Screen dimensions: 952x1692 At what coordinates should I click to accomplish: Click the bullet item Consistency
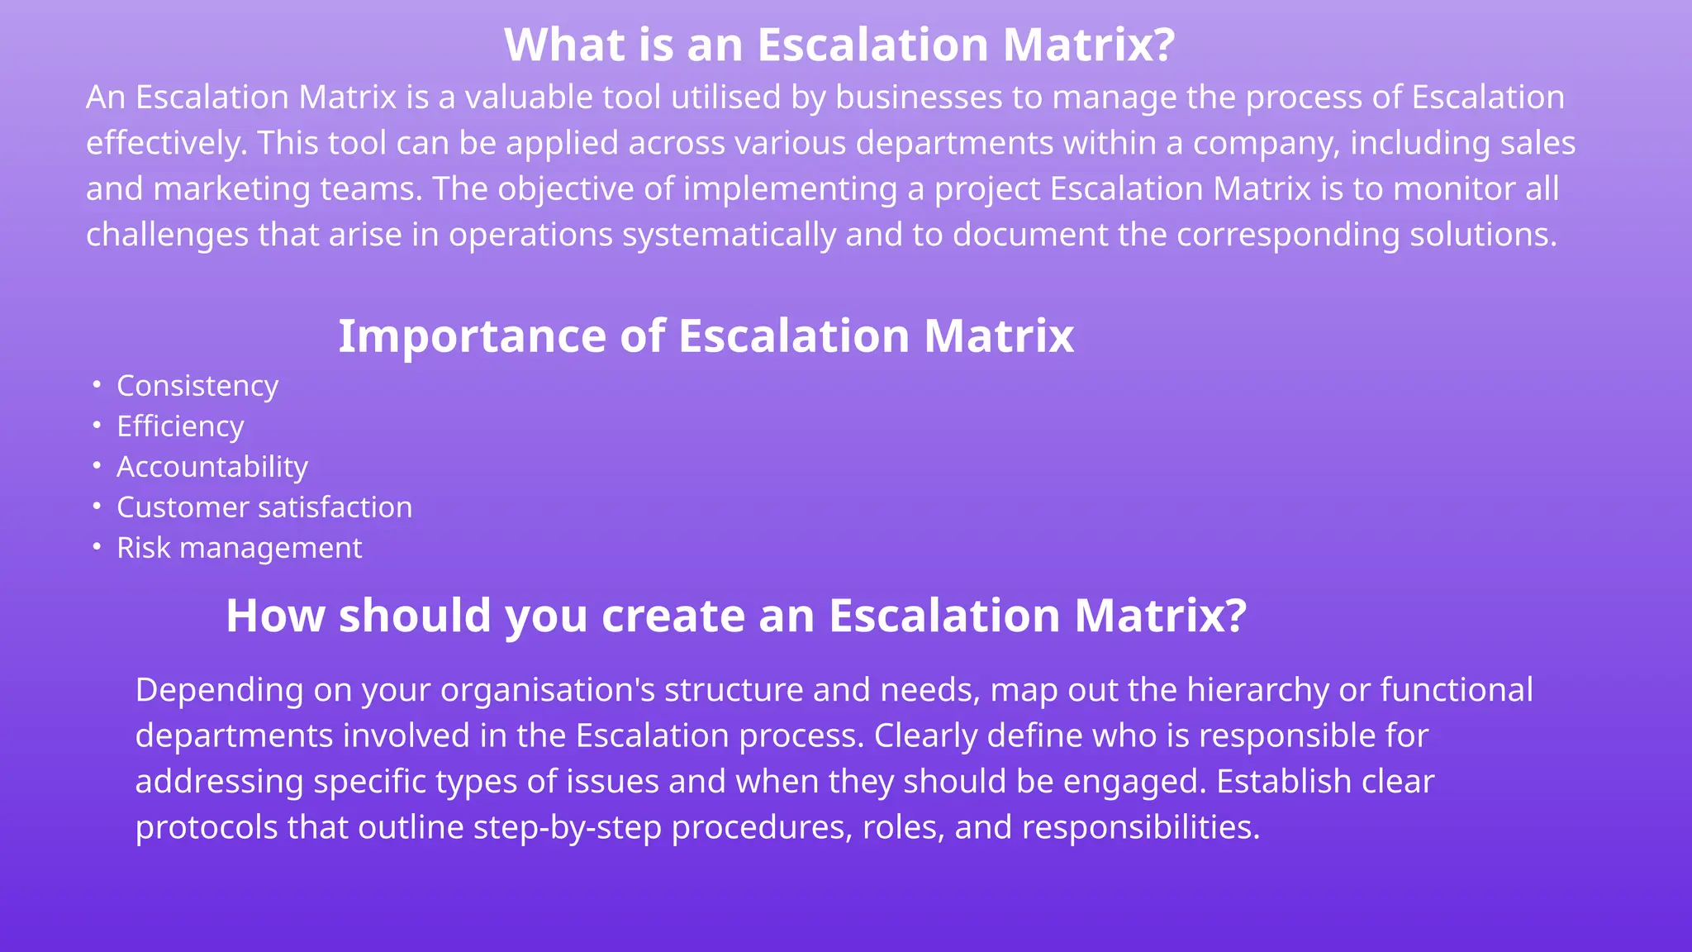click(x=197, y=386)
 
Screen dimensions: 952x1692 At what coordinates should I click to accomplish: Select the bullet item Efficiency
click(x=180, y=426)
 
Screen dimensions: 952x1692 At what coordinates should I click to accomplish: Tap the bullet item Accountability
click(x=212, y=467)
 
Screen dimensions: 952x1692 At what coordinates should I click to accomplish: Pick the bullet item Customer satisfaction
click(x=264, y=507)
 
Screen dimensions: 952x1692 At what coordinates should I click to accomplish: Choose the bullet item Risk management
click(x=239, y=548)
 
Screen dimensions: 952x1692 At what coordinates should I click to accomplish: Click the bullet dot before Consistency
click(x=97, y=385)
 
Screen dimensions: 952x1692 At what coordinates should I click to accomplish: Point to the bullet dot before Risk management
click(x=97, y=547)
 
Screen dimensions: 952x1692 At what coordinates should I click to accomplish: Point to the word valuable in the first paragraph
click(x=528, y=98)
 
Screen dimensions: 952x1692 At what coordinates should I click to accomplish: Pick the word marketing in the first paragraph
click(x=231, y=189)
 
